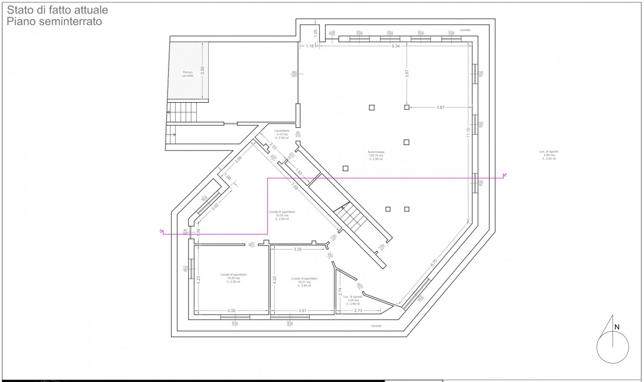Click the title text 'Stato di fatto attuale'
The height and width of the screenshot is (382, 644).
57,10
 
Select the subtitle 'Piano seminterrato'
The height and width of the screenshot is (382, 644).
54,22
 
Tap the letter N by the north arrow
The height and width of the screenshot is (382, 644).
617,327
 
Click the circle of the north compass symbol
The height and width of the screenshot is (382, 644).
612,347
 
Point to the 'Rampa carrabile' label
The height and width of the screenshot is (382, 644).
188,74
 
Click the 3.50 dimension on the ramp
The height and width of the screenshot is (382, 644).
203,71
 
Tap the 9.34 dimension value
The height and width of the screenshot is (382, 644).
395,46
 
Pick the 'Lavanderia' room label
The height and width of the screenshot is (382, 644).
282,133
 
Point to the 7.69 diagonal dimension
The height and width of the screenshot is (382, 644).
295,189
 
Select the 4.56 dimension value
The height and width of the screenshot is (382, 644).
231,311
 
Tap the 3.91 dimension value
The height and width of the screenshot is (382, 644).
302,311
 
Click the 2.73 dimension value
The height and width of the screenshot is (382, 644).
358,311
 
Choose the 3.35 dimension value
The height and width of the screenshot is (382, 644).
297,249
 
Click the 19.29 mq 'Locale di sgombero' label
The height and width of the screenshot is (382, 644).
233,278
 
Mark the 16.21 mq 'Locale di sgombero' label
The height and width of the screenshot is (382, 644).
304,282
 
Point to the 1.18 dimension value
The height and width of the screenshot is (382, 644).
310,46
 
